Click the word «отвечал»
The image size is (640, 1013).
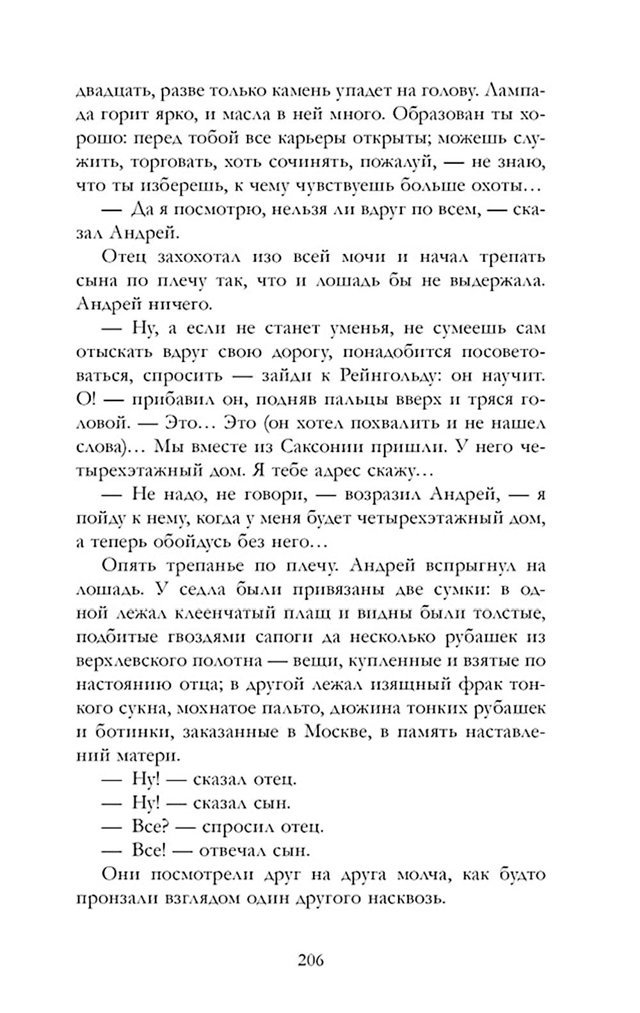pos(235,850)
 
